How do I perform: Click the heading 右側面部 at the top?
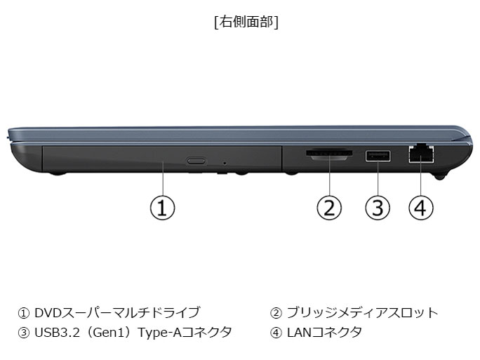point(247,22)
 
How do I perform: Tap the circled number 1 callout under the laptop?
point(162,208)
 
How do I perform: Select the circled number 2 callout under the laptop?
point(329,208)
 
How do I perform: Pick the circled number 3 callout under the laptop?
point(378,208)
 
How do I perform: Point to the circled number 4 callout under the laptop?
point(421,208)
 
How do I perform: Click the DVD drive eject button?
point(196,161)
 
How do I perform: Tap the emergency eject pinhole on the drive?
point(225,164)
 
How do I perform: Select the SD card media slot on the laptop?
point(328,154)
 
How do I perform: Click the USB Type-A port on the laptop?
point(378,156)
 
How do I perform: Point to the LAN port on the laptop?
point(421,153)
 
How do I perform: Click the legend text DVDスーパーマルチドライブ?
point(117,312)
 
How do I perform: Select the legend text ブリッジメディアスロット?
point(362,312)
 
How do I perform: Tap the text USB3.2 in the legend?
point(58,333)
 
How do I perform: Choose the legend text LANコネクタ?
point(324,333)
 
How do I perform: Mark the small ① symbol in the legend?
point(23,313)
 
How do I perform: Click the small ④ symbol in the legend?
point(276,333)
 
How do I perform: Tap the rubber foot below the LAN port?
point(440,177)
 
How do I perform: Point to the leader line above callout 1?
point(163,178)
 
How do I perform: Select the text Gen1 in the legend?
point(106,333)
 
